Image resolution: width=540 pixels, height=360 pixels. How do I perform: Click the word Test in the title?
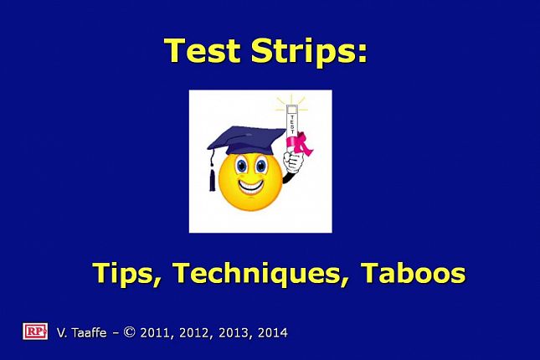202,50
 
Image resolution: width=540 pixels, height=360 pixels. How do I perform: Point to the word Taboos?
414,272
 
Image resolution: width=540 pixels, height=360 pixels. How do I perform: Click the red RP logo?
35,332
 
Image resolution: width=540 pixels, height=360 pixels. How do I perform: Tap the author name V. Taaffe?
81,332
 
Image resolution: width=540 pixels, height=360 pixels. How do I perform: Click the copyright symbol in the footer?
129,332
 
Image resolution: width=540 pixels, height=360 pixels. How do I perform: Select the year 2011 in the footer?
153,332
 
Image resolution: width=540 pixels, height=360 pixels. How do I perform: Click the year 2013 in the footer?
233,332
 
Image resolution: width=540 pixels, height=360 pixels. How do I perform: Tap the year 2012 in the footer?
193,332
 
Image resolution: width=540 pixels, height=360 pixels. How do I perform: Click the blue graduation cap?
246,141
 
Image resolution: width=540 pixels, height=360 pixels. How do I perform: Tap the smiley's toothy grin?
250,187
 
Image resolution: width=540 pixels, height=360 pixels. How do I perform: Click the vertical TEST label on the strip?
292,125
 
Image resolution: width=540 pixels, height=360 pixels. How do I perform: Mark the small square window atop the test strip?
291,110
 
